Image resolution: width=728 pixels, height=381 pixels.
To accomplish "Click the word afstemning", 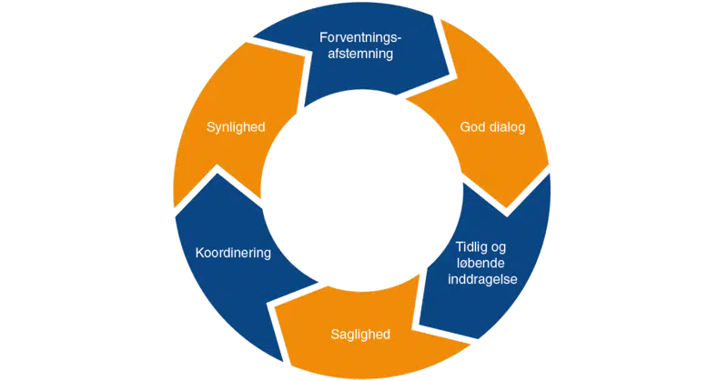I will [x=361, y=54].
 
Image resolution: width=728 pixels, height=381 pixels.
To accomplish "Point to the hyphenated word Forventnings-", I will [x=361, y=37].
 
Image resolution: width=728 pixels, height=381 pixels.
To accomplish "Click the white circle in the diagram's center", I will [x=361, y=191].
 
